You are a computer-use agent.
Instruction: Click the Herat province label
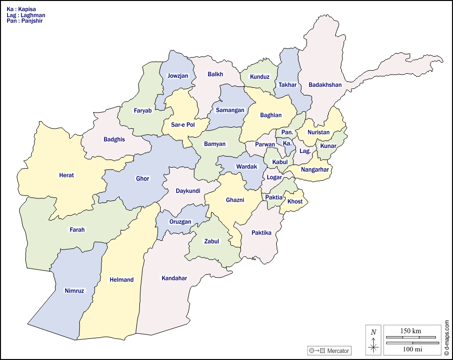click(x=66, y=175)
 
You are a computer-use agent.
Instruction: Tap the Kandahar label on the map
click(x=174, y=278)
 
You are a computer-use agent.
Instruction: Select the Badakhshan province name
click(x=325, y=85)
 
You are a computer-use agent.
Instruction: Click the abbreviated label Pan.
click(x=287, y=132)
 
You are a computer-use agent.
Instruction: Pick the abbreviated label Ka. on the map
click(x=287, y=143)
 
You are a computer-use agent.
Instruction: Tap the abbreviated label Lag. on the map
click(x=305, y=150)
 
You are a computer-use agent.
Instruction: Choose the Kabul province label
click(x=279, y=162)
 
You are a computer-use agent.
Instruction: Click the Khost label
click(x=295, y=201)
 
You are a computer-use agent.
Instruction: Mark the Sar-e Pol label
click(x=183, y=124)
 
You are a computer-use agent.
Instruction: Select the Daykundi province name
click(x=188, y=191)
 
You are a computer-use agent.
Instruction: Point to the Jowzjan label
click(x=178, y=76)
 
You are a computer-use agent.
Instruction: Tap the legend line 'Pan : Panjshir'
click(x=25, y=21)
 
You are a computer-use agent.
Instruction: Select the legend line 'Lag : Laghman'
click(x=26, y=15)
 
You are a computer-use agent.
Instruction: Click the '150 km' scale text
click(x=411, y=331)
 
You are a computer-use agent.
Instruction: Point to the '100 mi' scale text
click(x=411, y=349)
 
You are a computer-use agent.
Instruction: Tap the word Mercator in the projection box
click(x=337, y=351)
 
